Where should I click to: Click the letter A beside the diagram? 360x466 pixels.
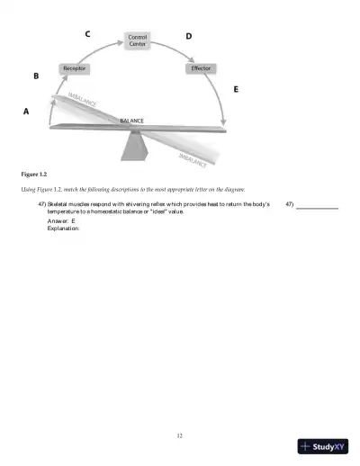coord(25,112)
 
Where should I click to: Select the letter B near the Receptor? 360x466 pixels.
coord(36,76)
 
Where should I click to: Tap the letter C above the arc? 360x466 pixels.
coord(87,34)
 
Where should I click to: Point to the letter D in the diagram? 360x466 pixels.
coord(188,36)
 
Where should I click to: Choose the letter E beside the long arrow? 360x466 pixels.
coord(236,90)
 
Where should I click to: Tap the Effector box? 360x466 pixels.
coord(201,68)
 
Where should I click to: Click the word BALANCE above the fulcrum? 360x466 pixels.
coord(131,120)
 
